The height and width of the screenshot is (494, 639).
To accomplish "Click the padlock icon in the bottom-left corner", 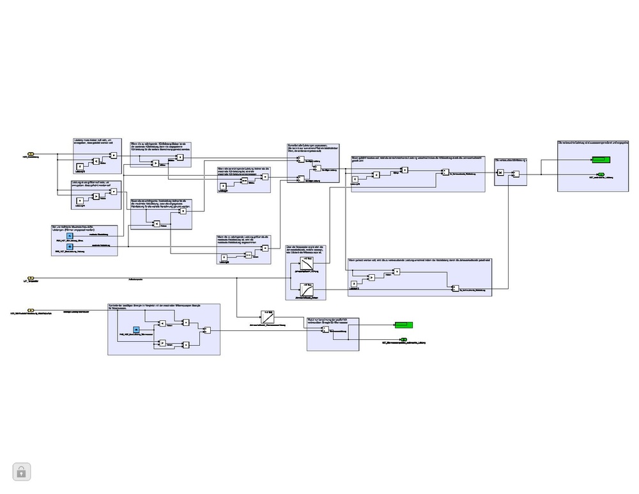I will pos(21,472).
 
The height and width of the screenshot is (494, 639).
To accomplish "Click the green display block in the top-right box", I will pos(600,159).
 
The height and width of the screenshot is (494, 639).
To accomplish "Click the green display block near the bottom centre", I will pos(403,325).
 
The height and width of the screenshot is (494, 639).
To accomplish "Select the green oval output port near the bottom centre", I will pos(403,340).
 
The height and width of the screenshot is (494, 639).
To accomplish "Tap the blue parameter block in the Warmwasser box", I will pos(135,330).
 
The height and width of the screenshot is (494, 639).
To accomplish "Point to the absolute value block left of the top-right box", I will pos(501,173).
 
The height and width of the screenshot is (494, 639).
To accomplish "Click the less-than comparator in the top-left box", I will pos(96,161).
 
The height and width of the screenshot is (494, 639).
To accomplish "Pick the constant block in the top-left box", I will pos(79,167).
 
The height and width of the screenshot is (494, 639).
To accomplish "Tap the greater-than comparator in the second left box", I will pos(96,196).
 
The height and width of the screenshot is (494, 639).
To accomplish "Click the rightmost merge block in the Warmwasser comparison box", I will pos(206,330).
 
